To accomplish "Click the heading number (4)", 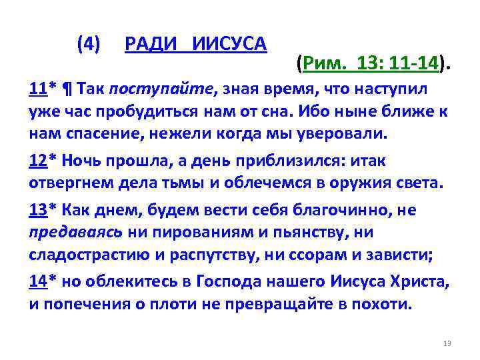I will pos(89,45).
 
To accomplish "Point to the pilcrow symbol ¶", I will pos(68,89).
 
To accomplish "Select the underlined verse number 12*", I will pos(42,161).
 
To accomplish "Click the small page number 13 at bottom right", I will pos(447,343).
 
